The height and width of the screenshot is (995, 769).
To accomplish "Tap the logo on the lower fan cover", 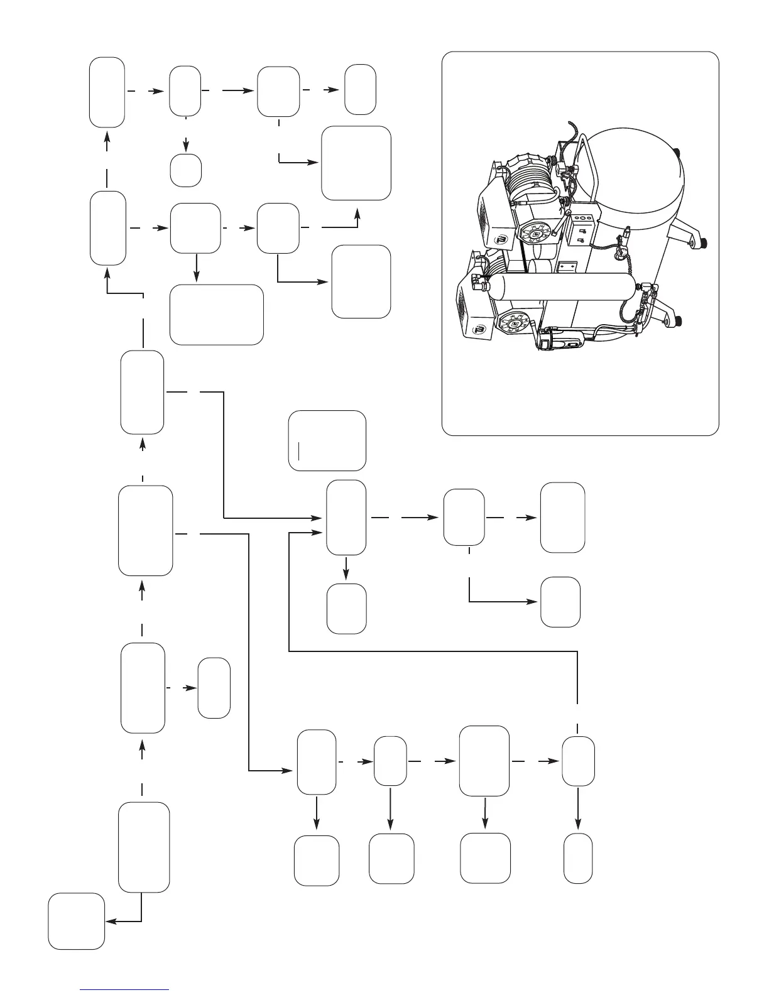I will tap(481, 328).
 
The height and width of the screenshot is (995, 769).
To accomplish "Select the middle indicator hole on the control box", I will tap(584, 219).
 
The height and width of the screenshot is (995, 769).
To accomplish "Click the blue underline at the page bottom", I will tap(125, 989).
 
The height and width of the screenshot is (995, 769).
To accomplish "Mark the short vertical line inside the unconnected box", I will tap(300, 450).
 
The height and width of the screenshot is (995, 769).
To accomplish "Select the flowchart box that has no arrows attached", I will tap(327, 440).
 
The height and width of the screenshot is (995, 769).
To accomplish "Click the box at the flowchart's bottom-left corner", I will tap(77, 921).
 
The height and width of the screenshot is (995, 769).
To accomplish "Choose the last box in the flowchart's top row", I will tap(361, 89).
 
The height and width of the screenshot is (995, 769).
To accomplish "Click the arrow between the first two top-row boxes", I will tap(147, 91).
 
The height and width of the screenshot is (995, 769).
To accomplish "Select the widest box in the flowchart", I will tap(217, 314).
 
